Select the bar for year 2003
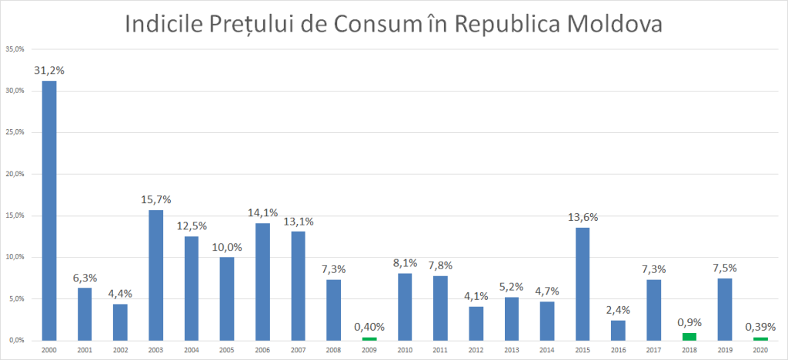(155, 275)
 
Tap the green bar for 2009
(369, 338)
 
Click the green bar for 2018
(689, 336)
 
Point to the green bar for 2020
(760, 338)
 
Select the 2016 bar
(619, 330)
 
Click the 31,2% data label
(48, 70)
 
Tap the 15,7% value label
(155, 199)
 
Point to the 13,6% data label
(583, 217)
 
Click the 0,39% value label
(760, 326)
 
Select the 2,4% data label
(619, 310)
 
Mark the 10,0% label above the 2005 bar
(227, 246)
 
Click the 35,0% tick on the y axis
(16, 49)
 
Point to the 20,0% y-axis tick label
(16, 174)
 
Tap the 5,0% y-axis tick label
(16, 298)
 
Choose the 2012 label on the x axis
(476, 350)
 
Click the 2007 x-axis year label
(298, 350)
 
